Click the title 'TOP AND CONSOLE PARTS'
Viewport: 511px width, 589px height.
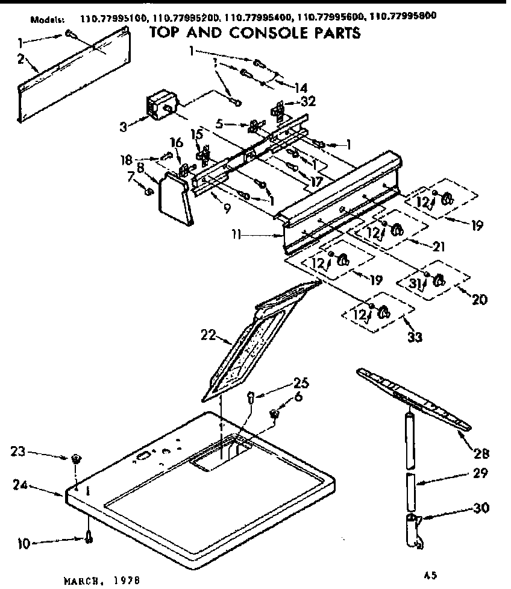click(255, 33)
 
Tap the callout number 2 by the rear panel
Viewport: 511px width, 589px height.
click(21, 59)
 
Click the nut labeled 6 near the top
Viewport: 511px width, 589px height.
click(274, 414)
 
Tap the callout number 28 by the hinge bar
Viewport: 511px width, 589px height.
click(481, 453)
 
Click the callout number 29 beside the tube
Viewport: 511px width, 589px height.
click(480, 474)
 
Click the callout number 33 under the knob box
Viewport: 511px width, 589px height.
click(415, 337)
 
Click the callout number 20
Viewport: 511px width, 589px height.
click(479, 299)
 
